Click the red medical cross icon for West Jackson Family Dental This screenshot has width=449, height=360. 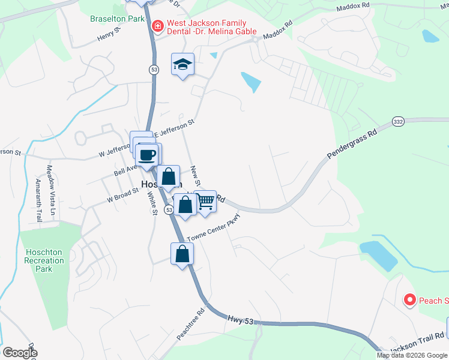coord(157,26)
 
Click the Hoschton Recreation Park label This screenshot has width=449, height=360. coord(44,260)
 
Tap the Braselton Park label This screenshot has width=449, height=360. coord(117,19)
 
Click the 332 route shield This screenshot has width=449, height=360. coord(398,122)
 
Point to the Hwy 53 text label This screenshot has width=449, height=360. coord(243,320)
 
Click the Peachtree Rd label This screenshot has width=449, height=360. coord(191,325)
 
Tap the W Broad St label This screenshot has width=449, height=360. coord(122,194)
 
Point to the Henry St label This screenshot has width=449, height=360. coord(110,38)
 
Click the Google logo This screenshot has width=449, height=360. coord(20,352)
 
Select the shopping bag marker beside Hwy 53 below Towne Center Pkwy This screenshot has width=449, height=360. coord(182,254)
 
